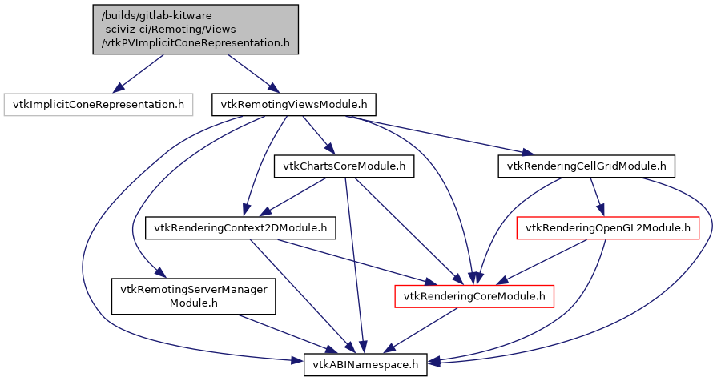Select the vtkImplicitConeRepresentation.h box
99,104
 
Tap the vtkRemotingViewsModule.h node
293,104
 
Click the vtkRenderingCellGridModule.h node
586,166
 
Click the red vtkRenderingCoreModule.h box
474,296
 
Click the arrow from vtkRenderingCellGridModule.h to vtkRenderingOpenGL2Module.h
596,197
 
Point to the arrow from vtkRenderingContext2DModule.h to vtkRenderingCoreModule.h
352,260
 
